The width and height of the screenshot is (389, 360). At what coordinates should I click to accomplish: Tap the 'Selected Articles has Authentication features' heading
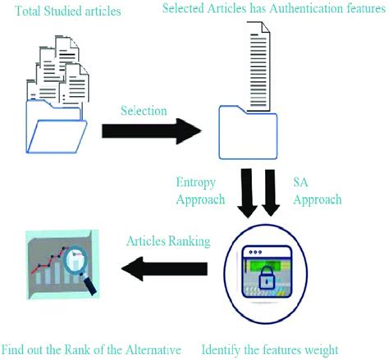click(x=275, y=8)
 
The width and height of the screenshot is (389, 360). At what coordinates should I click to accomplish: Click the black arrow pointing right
click(x=152, y=130)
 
